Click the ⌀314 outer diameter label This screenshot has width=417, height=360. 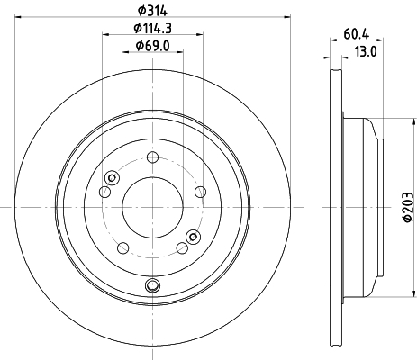(152, 11)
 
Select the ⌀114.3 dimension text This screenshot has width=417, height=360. (152, 29)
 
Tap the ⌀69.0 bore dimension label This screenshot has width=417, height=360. (152, 46)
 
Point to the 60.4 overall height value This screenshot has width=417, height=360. (356, 34)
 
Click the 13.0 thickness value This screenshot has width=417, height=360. (366, 52)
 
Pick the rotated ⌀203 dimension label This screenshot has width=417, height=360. (408, 207)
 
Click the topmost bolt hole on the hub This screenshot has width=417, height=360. (152, 157)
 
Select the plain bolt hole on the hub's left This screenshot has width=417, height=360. (104, 192)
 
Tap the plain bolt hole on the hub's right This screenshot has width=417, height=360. (201, 192)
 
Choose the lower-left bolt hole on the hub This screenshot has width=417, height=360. (122, 248)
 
